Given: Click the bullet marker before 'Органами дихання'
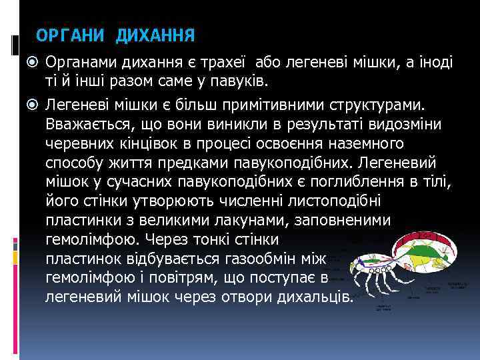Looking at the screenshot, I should coord(36,63).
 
